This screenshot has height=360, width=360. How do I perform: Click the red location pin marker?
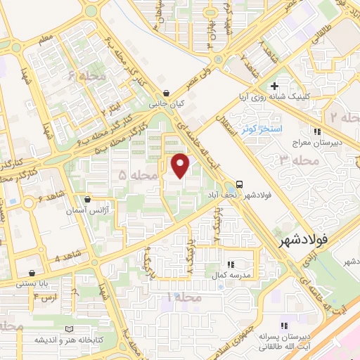click(x=181, y=165)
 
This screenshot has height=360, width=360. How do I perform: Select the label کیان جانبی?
click(x=166, y=103)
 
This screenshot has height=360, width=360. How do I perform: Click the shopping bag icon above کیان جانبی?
click(x=166, y=92)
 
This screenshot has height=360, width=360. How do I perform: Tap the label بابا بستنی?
click(x=32, y=284)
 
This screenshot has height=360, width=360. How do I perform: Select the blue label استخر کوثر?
click(x=261, y=130)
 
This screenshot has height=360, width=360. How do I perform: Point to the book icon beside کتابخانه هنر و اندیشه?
click(x=68, y=329)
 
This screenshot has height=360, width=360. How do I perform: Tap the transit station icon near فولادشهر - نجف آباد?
click(x=240, y=181)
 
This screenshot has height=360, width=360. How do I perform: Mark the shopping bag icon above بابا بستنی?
click(x=32, y=273)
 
